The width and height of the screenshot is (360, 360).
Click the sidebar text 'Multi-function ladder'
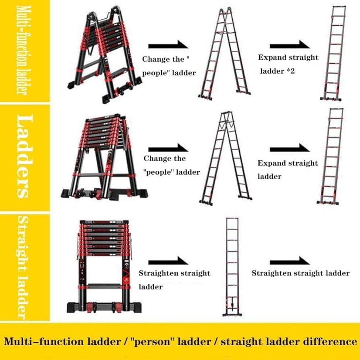click(x=24, y=50)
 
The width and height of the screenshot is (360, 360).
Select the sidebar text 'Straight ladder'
click(x=24, y=268)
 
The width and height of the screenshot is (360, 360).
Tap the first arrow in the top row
click(x=168, y=44)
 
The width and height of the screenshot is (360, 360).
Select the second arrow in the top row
click(x=290, y=44)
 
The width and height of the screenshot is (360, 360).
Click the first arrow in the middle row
click(x=168, y=148)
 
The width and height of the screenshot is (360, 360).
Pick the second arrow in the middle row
click(x=290, y=148)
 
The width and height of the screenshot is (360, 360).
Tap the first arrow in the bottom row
click(x=168, y=261)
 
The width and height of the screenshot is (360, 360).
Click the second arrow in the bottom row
click(x=290, y=261)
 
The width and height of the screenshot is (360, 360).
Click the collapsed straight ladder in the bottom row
click(x=104, y=266)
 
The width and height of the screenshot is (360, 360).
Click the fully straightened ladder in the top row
click(x=333, y=53)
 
